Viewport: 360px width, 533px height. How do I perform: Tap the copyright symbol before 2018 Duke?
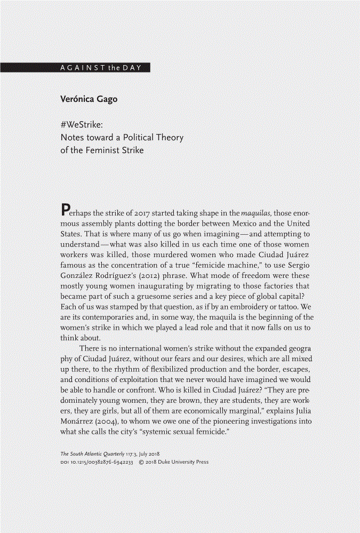click(140, 462)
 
